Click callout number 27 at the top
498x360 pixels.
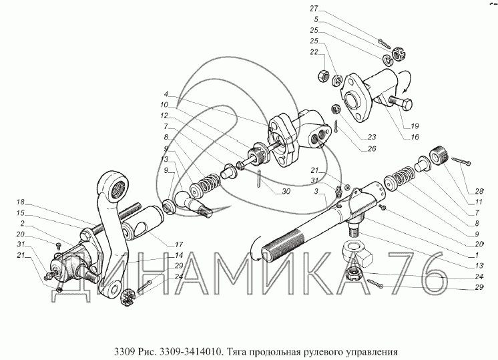pos(314,9)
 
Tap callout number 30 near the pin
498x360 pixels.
pos(286,192)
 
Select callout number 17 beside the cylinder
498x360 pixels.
pos(179,244)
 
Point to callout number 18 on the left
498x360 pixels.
pos(20,202)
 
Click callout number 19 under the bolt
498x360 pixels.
pos(415,126)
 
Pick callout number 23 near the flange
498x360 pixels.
pos(372,137)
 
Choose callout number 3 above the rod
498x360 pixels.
pos(316,191)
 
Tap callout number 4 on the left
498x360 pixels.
pos(166,94)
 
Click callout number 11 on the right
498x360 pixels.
pos(479,202)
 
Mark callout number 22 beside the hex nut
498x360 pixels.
pos(314,52)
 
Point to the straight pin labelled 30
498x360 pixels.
pos(260,179)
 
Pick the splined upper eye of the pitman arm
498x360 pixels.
pos(115,185)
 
